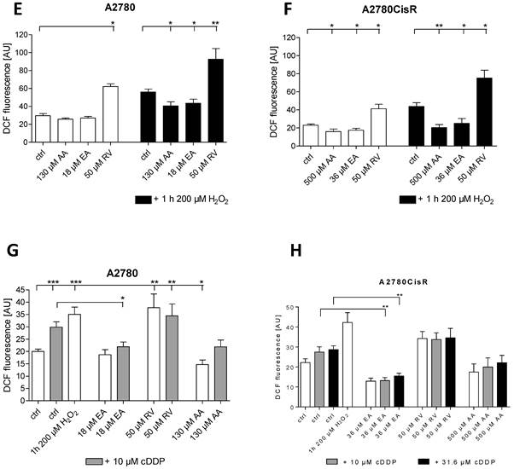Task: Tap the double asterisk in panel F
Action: [x=439, y=26]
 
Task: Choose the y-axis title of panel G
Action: [x=9, y=341]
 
